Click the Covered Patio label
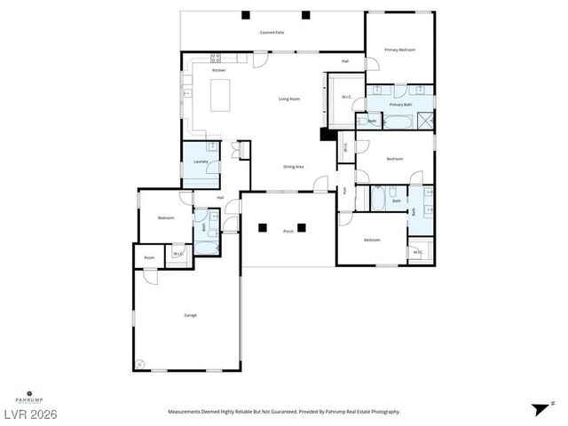click(x=272, y=32)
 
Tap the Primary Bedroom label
click(x=399, y=50)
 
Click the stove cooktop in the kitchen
click(x=216, y=59)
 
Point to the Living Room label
click(x=288, y=99)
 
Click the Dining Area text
click(x=294, y=167)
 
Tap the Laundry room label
click(x=201, y=162)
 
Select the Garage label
click(x=190, y=315)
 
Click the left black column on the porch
click(x=263, y=227)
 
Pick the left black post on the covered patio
click(x=245, y=15)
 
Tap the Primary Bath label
click(x=401, y=105)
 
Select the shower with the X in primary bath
click(x=427, y=121)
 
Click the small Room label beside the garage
click(x=149, y=258)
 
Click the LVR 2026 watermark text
click(x=28, y=413)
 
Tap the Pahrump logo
click(x=29, y=393)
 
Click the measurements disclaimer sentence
click(x=284, y=412)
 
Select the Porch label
click(x=288, y=232)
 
